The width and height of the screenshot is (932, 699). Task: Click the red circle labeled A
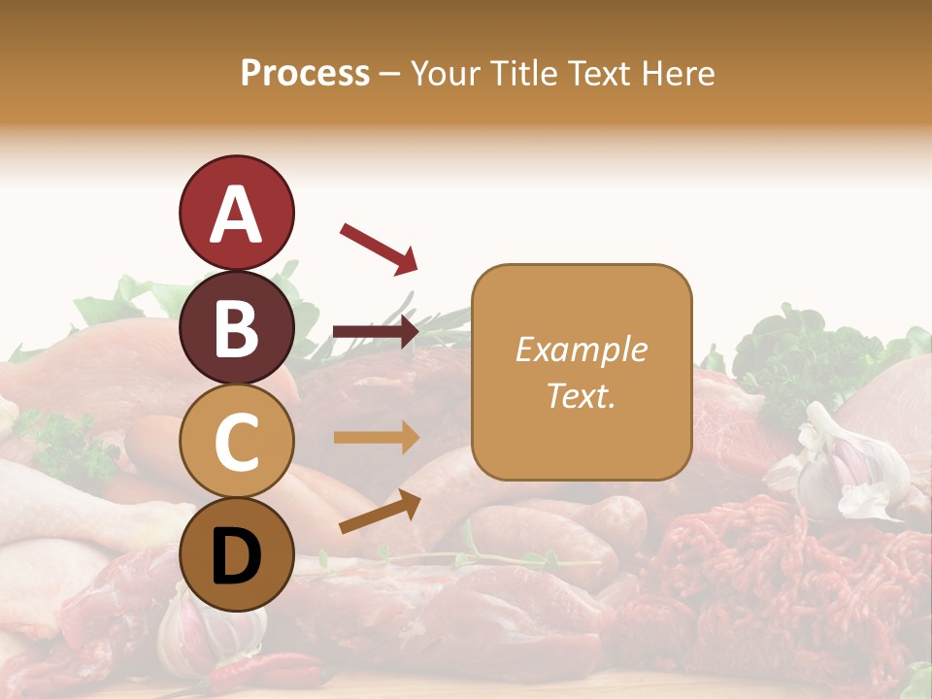click(x=236, y=213)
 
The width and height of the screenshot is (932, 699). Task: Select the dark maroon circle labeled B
click(x=236, y=327)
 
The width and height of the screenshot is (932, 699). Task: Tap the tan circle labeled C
click(x=236, y=441)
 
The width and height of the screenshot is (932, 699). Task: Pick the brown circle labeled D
click(x=236, y=554)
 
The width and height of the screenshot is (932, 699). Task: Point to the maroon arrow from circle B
click(x=375, y=332)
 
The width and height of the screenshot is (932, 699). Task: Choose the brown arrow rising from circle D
click(x=380, y=511)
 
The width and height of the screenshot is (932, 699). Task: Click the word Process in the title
click(x=305, y=73)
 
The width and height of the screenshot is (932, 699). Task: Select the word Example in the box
click(x=581, y=349)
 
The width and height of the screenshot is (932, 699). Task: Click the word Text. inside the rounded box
click(x=581, y=395)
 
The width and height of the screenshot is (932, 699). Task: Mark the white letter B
click(x=236, y=328)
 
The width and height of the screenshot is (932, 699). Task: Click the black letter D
click(x=236, y=555)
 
